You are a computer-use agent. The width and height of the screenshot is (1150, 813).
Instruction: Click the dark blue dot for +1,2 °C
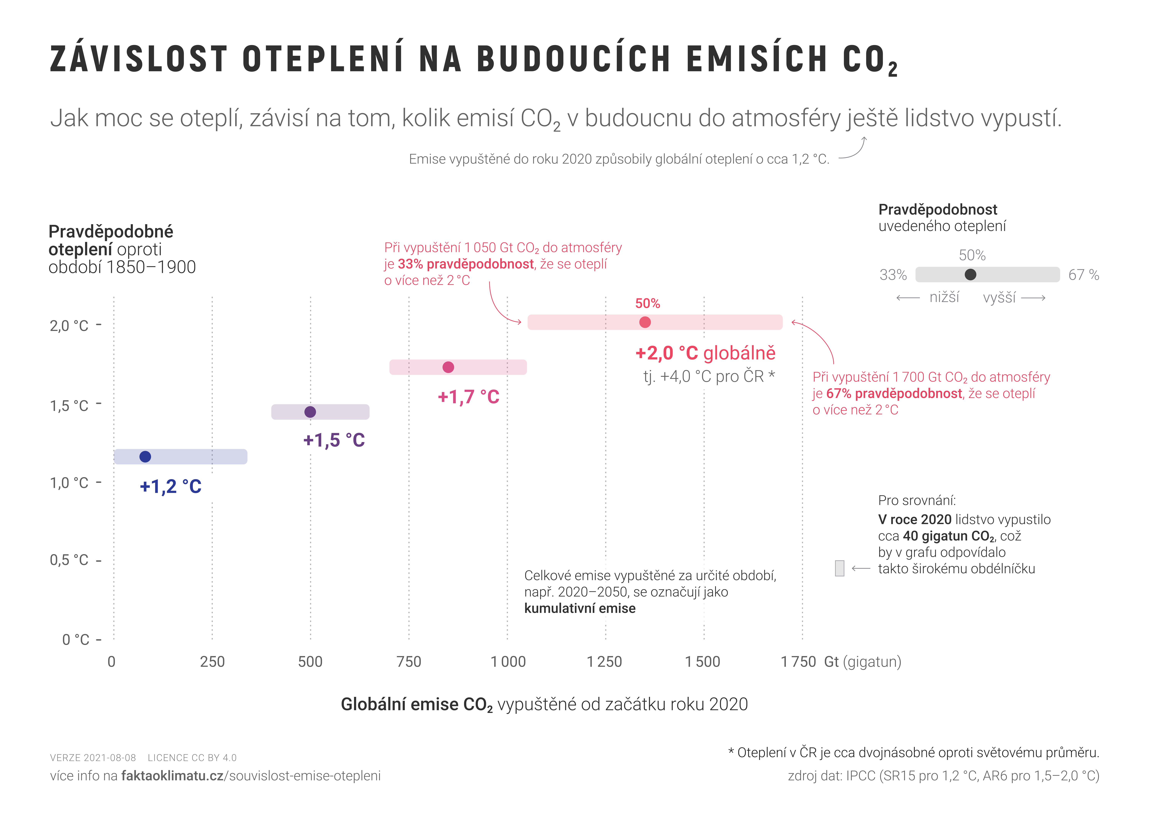(145, 456)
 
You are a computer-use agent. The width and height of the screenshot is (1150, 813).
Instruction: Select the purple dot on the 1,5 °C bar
(310, 412)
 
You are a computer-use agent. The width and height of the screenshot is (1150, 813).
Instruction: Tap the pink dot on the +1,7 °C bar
(448, 367)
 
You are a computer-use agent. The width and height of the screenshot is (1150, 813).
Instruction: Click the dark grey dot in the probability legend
(970, 274)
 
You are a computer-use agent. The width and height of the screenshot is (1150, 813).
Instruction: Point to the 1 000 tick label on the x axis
(508, 662)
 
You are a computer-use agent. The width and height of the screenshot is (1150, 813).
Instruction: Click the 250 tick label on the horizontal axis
(212, 662)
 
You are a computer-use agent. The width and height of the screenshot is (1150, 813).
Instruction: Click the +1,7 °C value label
(468, 397)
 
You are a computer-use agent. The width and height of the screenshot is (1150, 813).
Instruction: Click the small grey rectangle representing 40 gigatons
(839, 568)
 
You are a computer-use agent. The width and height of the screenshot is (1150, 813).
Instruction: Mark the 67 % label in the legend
(1083, 275)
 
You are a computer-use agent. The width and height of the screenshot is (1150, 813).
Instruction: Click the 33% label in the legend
(893, 275)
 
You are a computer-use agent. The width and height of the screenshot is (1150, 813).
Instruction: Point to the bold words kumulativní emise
(580, 608)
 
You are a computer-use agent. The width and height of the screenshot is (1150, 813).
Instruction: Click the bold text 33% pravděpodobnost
(466, 264)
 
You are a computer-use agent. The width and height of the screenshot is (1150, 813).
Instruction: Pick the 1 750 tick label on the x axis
(798, 662)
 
